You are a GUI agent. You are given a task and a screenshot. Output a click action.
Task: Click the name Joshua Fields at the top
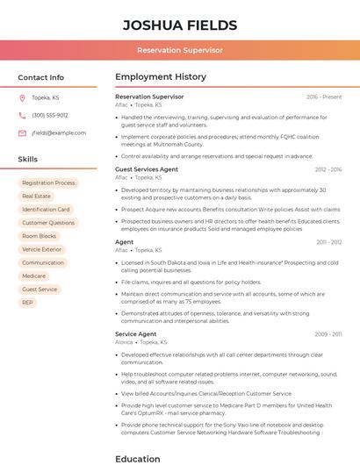(179, 24)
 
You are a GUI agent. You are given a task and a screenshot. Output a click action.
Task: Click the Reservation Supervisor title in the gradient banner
(179, 50)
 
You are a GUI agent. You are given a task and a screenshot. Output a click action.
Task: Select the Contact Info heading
(40, 77)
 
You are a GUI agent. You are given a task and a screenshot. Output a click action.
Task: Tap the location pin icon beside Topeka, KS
(22, 97)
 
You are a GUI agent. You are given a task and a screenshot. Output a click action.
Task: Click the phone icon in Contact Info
(22, 115)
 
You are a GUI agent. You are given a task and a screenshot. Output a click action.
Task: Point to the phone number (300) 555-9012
(50, 115)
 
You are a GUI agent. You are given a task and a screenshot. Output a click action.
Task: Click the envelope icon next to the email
(22, 133)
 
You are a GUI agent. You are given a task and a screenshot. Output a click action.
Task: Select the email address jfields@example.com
(59, 133)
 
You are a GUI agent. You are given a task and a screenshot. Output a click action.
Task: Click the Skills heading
(28, 160)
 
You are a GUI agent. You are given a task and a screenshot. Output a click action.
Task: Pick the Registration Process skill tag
(48, 182)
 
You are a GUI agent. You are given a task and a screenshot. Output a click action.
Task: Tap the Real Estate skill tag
(36, 197)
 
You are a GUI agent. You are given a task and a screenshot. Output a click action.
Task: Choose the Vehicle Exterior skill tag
(41, 249)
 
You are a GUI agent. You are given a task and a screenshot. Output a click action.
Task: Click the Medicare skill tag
(33, 275)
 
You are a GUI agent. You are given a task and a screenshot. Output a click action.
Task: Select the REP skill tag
(27, 302)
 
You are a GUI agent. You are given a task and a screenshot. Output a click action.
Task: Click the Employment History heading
(161, 77)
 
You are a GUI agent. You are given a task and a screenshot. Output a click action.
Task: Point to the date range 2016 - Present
(323, 97)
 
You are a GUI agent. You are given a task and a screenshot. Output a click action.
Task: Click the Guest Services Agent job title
(147, 169)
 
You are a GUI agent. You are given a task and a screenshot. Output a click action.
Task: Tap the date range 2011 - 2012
(329, 241)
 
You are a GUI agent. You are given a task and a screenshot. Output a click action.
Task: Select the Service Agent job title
(135, 334)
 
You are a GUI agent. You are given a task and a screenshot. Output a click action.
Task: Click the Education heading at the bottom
(138, 458)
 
